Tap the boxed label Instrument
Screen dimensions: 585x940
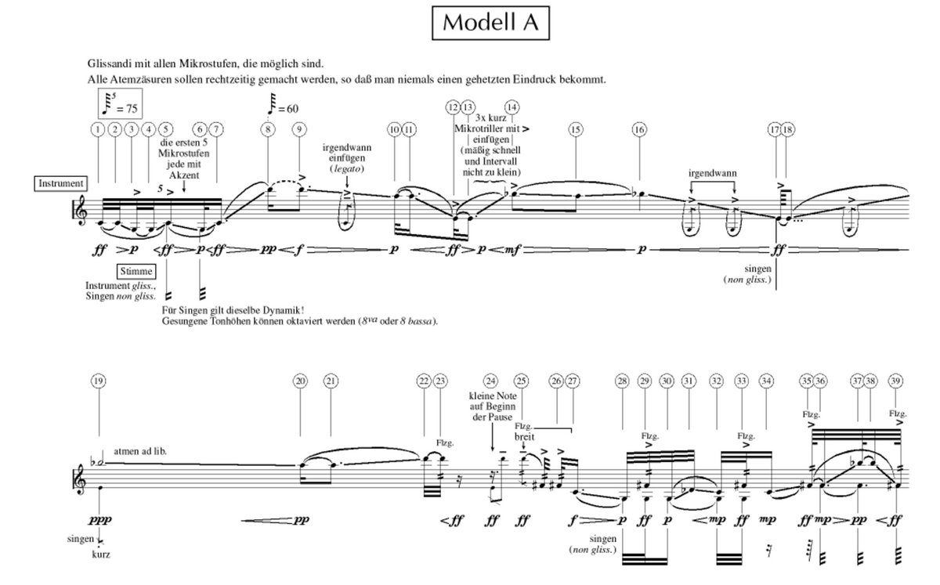61,183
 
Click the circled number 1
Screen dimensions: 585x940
98,129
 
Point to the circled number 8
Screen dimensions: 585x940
269,129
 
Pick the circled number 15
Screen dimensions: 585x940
576,129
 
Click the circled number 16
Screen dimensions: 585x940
640,129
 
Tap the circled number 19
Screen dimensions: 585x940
98,381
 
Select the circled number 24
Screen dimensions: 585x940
490,381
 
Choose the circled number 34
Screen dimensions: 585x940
766,381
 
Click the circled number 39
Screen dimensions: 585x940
896,381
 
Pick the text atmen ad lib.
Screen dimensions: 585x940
141,451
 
